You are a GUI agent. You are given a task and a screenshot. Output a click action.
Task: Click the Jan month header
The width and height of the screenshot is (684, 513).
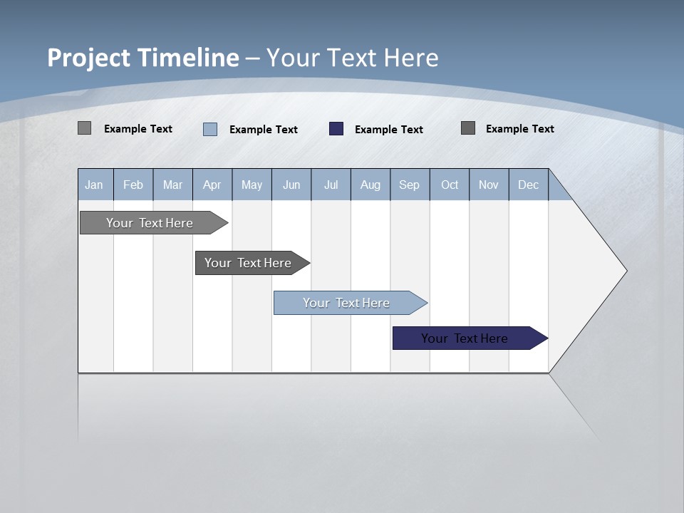pyautogui.click(x=94, y=185)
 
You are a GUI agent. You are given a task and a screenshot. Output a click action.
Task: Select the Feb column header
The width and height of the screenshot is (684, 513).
pyautogui.click(x=133, y=185)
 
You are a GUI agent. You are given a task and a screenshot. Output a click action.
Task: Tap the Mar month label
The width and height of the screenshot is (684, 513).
pyautogui.click(x=172, y=185)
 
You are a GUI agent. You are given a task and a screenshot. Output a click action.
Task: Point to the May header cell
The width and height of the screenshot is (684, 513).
pyautogui.click(x=252, y=185)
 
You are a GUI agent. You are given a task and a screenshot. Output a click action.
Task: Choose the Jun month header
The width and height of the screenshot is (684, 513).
pyautogui.click(x=291, y=185)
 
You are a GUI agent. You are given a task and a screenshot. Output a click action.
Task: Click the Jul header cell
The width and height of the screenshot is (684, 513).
pyautogui.click(x=331, y=185)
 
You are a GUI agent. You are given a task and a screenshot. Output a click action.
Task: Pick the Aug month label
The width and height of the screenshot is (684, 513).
pyautogui.click(x=370, y=185)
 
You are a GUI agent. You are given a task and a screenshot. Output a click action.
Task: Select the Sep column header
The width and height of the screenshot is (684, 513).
pyautogui.click(x=409, y=185)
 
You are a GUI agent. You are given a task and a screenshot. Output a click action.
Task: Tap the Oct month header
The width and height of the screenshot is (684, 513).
pyautogui.click(x=450, y=185)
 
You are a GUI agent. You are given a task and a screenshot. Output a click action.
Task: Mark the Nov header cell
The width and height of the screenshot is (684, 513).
pyautogui.click(x=489, y=185)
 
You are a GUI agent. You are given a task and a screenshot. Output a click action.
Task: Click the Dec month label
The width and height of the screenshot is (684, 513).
pyautogui.click(x=528, y=185)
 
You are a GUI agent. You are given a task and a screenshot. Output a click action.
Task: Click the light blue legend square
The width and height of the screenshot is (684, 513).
pyautogui.click(x=210, y=129)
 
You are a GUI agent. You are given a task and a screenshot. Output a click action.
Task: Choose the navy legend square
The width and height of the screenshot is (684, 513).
pyautogui.click(x=336, y=129)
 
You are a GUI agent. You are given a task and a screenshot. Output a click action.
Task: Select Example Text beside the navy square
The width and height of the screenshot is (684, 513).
pyautogui.click(x=389, y=130)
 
